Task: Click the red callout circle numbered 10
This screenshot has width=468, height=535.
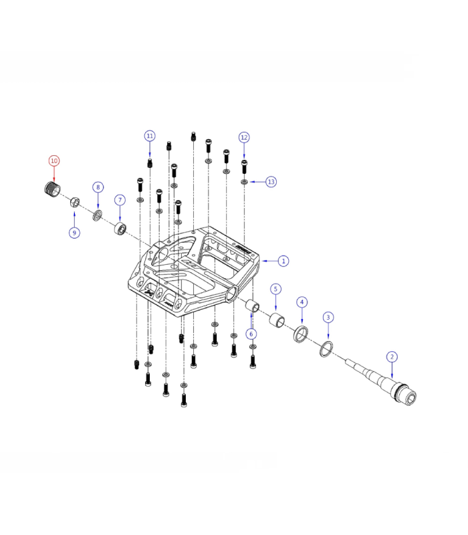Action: pos(53,160)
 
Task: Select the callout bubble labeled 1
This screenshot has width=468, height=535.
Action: pos(283,261)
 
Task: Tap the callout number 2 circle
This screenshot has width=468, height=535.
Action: pos(392,357)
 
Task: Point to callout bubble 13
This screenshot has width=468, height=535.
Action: pos(271,182)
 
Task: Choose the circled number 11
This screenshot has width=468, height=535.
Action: pos(150,136)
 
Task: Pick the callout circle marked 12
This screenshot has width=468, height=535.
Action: pos(244,137)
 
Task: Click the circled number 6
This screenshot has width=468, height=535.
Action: pos(251,334)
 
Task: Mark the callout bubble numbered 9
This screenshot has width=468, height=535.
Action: pos(74,233)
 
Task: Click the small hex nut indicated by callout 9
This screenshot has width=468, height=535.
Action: pos(76,202)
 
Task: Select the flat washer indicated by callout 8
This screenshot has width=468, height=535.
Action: pos(98,215)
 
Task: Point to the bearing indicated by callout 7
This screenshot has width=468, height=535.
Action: pos(121,229)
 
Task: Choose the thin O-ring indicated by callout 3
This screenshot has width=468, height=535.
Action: pos(326,348)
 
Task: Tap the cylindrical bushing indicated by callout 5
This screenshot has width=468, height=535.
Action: pos(276,320)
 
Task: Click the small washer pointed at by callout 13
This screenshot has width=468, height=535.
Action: pos(245,181)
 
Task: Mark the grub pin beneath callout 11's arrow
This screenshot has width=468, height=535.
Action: pos(150,163)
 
